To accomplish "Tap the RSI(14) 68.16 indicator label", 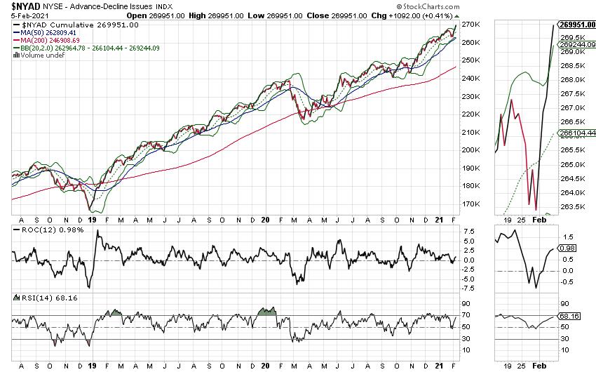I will (x=36, y=298).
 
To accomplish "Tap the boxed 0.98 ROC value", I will (x=567, y=248).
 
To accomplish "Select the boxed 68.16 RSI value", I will (x=569, y=316).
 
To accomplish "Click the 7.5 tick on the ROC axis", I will (x=468, y=230).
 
